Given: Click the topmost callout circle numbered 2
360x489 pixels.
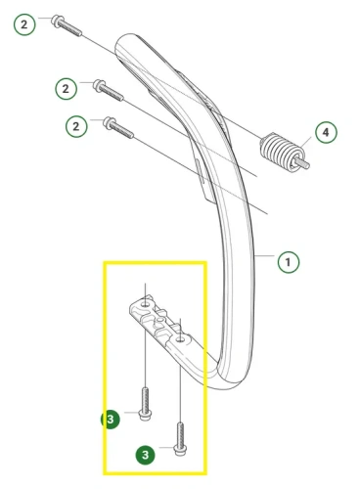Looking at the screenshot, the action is coord(24,24).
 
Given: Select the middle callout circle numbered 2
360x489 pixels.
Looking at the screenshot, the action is coord(66,89).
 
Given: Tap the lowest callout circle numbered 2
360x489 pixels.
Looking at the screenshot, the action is coord(76,126).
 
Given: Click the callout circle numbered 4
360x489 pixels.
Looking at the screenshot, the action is coord(326,132).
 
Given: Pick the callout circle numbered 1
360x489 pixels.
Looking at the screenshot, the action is coord(289,262).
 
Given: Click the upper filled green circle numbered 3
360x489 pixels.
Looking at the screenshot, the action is coord(111,420).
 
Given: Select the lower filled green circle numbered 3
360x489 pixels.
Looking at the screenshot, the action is coord(146,455).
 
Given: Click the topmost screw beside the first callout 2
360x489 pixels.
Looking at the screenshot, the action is coord(67,25).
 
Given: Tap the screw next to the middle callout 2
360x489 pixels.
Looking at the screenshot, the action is coord(109,90).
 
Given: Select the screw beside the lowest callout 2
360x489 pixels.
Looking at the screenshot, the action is coord(118,128).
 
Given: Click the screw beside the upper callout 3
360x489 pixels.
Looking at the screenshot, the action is coord(145,403).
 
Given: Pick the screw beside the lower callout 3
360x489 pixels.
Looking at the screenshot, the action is coord(180,439).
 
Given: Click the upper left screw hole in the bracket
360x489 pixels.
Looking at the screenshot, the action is coord(146,304).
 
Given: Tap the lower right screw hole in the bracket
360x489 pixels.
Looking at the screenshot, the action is coord(180,340).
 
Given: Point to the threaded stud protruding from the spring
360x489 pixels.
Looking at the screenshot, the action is coord(303,163).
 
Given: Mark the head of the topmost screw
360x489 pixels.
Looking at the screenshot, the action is coord(57,21).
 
